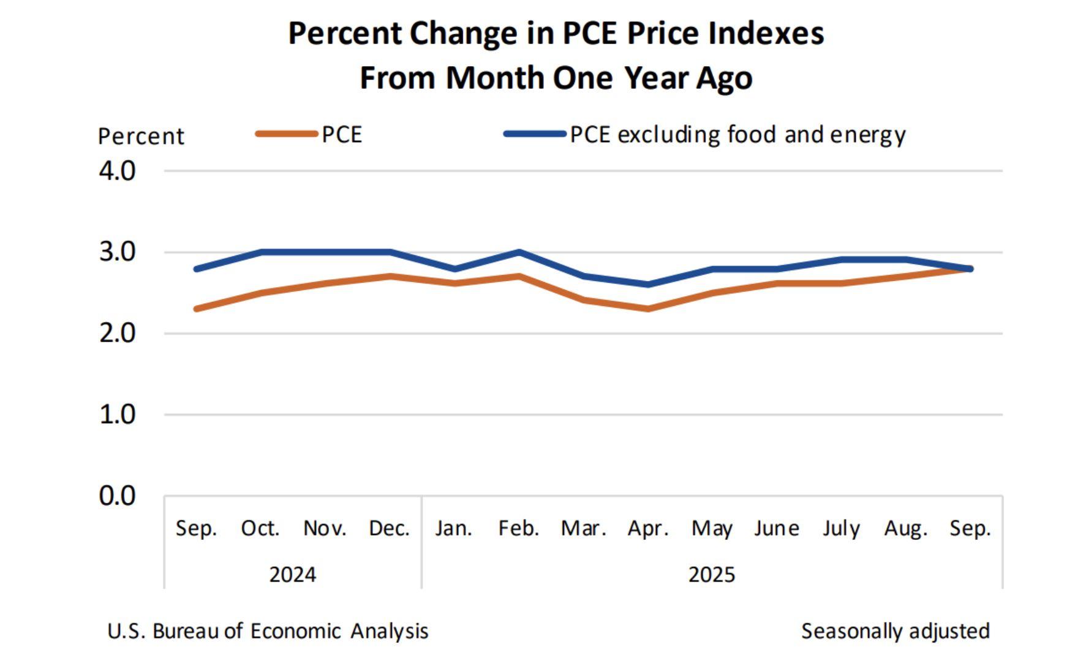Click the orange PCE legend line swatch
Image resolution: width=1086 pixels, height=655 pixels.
pyautogui.click(x=287, y=133)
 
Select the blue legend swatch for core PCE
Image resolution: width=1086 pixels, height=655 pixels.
pyautogui.click(x=534, y=133)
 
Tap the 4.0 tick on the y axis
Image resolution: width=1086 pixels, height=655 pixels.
pyautogui.click(x=117, y=171)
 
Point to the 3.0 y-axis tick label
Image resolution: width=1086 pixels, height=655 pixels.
pyautogui.click(x=117, y=252)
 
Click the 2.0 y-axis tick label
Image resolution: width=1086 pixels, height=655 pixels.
pyautogui.click(x=117, y=334)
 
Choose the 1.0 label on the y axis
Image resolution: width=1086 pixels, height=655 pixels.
pyautogui.click(x=117, y=415)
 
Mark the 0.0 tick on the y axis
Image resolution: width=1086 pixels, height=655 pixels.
pyautogui.click(x=117, y=496)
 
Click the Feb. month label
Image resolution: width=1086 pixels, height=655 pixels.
pyautogui.click(x=519, y=528)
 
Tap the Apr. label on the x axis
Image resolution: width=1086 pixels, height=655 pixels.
pyautogui.click(x=648, y=528)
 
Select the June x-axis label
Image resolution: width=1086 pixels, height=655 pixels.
pyautogui.click(x=776, y=528)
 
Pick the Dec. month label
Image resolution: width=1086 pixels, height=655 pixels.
pyautogui.click(x=389, y=528)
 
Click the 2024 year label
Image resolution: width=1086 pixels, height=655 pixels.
pyautogui.click(x=293, y=574)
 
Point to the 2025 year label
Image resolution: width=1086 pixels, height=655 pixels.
pyautogui.click(x=712, y=574)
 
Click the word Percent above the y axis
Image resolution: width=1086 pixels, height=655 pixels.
pyautogui.click(x=141, y=136)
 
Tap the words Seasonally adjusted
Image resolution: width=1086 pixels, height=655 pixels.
pyautogui.click(x=895, y=631)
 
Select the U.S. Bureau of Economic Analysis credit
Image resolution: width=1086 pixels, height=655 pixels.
pyautogui.click(x=268, y=631)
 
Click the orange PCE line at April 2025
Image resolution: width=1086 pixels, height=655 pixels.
pyautogui.click(x=648, y=309)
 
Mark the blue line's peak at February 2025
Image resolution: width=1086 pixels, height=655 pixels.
pyautogui.click(x=519, y=252)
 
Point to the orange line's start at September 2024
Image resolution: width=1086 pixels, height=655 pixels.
pyautogui.click(x=197, y=309)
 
